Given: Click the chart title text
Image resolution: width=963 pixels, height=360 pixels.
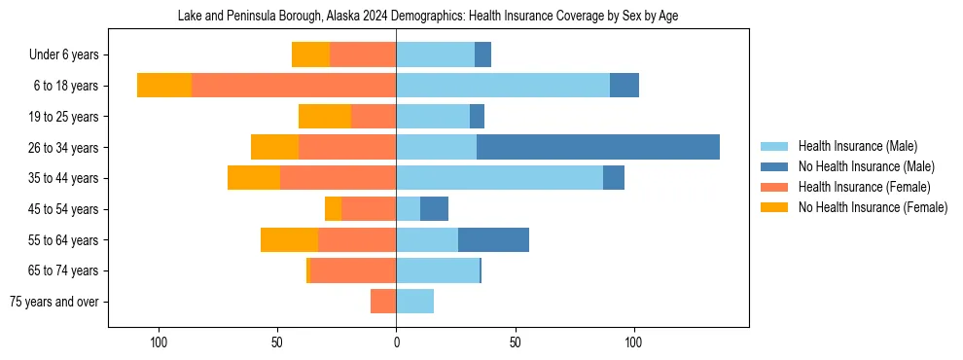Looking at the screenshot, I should tap(434, 17).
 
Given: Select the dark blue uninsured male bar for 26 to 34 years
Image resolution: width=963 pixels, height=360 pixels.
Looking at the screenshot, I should tap(597, 147).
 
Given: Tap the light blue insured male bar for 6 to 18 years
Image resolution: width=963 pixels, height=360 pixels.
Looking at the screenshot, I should tap(503, 86).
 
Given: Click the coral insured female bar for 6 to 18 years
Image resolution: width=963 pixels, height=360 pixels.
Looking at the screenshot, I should tap(294, 86).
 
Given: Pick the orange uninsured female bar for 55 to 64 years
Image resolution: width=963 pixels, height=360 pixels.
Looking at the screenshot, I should tap(289, 239).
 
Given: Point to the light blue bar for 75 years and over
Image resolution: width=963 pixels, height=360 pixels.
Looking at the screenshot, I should tap(414, 302).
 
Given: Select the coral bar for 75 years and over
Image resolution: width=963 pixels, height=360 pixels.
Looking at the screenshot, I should tap(383, 302).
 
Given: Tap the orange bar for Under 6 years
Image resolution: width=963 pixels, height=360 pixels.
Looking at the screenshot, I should tap(310, 54).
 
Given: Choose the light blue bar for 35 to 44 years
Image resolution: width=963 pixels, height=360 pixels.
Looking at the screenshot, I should tap(499, 178).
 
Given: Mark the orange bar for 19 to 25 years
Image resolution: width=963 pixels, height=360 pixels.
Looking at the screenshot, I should tap(325, 117).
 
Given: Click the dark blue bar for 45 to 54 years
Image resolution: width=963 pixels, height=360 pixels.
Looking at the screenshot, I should tap(434, 209).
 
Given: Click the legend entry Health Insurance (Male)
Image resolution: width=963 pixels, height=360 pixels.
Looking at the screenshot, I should tap(857, 146).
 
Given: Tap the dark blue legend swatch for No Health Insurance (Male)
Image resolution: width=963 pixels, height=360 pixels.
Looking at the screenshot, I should tap(774, 166).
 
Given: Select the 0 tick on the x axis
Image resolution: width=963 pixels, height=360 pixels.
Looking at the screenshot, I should tap(396, 342).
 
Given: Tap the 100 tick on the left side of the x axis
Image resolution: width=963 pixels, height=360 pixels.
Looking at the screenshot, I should tap(159, 342).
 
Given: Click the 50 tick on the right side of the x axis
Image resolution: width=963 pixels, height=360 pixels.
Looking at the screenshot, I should tap(516, 342).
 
